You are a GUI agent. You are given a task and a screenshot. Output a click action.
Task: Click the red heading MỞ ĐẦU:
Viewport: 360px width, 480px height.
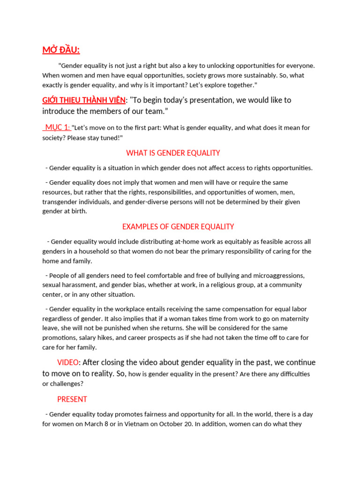[61, 50]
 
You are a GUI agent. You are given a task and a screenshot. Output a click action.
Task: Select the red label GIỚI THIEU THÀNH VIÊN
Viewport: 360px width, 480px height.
[84, 100]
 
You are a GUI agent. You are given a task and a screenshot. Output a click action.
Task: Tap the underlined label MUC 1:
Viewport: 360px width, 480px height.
[57, 127]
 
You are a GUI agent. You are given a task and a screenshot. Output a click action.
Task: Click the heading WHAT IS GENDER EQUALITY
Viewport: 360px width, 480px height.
[173, 153]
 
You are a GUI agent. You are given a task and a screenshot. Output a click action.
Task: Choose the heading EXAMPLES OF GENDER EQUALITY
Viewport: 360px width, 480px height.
[178, 226]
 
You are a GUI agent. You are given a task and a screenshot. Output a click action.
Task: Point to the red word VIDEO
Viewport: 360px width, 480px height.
[68, 362]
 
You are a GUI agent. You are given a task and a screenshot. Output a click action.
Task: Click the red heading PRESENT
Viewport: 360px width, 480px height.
[72, 399]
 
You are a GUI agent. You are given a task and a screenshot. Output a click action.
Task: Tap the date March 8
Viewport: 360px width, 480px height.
[118, 424]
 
